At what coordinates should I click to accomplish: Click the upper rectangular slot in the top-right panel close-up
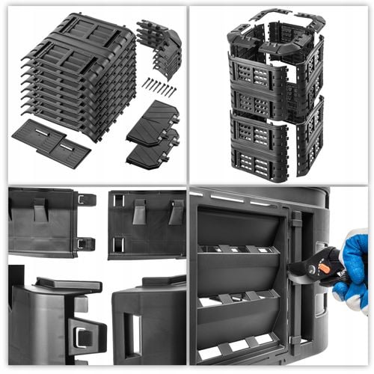pos(118,200)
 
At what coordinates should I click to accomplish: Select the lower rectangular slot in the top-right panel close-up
pos(118,244)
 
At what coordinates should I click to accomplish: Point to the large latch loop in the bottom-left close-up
pos(85,332)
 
